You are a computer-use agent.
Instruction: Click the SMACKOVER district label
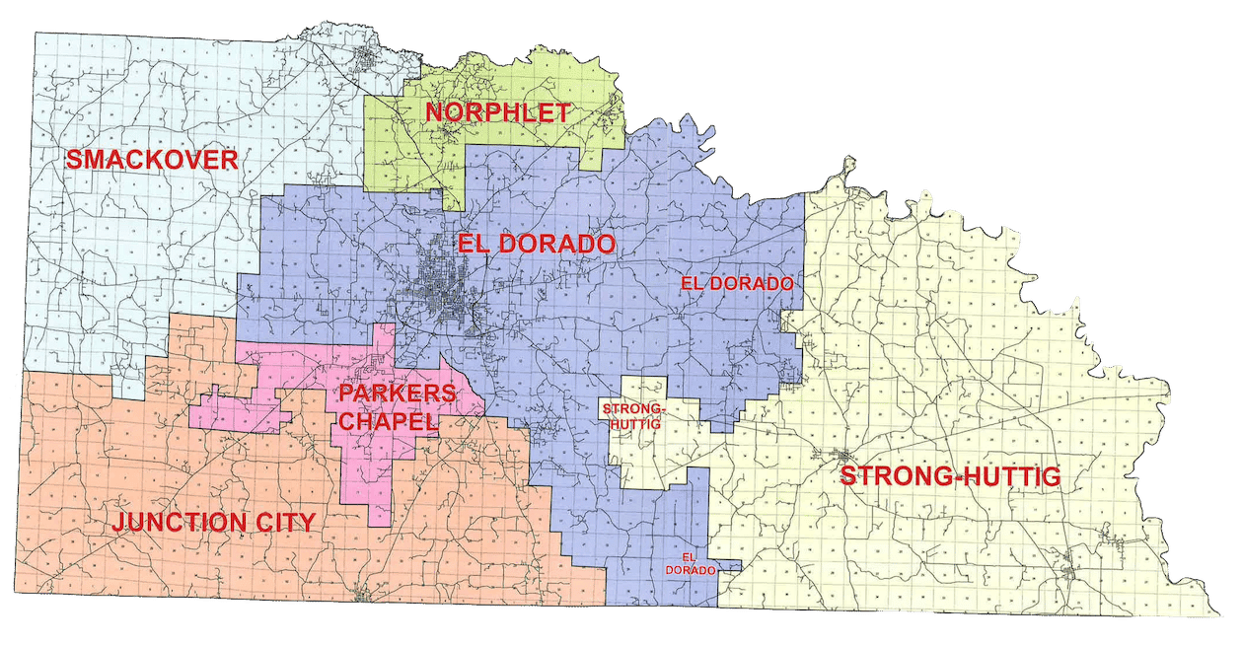tap(151, 160)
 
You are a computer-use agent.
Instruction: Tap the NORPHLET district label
tap(497, 112)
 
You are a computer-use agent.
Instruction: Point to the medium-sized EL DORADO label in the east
tap(737, 283)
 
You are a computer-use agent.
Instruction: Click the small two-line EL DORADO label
tap(690, 564)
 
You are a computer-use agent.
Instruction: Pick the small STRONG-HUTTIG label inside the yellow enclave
tap(634, 414)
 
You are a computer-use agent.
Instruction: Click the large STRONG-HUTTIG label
tap(949, 477)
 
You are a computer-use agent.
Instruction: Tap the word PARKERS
tap(397, 394)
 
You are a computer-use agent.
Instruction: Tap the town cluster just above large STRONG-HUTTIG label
tap(841, 456)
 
